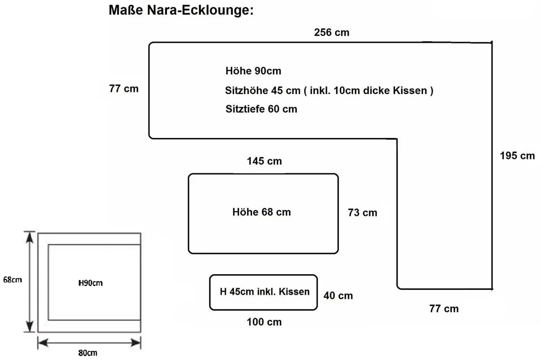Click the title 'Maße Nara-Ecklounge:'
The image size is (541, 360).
(181, 10)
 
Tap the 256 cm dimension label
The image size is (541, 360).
(331, 33)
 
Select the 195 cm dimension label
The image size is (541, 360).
(517, 156)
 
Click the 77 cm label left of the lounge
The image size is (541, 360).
(124, 89)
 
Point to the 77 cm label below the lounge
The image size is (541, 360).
(444, 309)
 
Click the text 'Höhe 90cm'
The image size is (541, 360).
(253, 71)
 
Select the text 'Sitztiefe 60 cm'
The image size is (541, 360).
(261, 109)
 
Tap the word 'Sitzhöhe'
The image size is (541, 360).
(247, 91)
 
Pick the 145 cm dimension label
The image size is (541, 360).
(264, 161)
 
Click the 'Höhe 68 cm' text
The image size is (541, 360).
(262, 212)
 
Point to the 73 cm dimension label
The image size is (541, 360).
(363, 213)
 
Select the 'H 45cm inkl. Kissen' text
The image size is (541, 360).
(265, 292)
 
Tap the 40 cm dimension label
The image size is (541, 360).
(338, 296)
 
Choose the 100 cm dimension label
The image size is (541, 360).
(264, 322)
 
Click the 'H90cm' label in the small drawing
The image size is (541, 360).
(91, 283)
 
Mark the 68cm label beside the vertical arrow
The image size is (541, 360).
(13, 280)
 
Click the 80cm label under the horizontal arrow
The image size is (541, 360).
(88, 353)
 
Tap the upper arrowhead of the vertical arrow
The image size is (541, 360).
(29, 237)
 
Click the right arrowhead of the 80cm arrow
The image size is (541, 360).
(136, 342)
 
